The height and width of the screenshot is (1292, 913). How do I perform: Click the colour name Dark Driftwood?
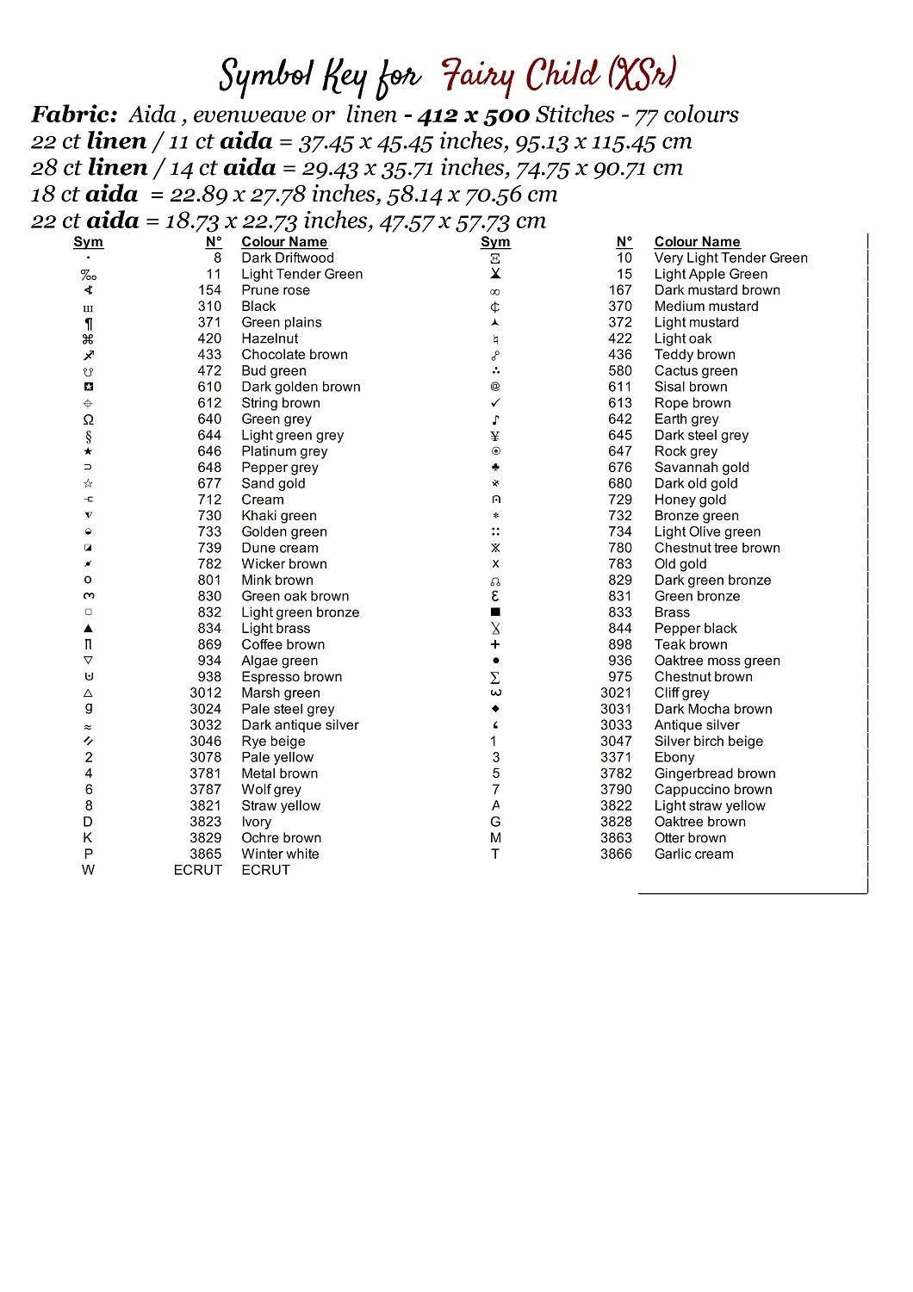tap(287, 258)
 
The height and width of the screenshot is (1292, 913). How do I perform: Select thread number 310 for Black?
tap(209, 306)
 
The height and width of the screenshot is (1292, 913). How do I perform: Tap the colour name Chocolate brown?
tap(295, 354)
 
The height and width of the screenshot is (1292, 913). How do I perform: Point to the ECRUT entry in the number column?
tap(197, 870)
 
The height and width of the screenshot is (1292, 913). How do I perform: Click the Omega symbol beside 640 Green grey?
tap(88, 419)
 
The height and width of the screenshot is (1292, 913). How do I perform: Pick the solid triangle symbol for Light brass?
tap(88, 629)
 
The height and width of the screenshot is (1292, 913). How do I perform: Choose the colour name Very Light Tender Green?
tap(730, 258)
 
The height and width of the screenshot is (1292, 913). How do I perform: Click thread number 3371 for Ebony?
tap(616, 757)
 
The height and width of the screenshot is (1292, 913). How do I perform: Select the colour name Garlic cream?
tap(693, 854)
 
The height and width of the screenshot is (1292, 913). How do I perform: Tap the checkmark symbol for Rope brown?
tap(495, 403)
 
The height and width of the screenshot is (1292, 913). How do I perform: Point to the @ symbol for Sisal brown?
tap(495, 387)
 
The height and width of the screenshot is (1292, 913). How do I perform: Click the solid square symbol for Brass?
tap(495, 612)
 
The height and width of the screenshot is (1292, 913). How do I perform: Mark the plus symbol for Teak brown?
tap(495, 644)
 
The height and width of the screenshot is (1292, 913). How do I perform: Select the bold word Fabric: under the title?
tap(74, 115)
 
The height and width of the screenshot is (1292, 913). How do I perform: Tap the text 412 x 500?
tap(473, 115)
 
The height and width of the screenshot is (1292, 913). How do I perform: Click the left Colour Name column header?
tap(284, 242)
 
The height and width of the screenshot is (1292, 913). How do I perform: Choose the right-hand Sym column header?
tap(495, 242)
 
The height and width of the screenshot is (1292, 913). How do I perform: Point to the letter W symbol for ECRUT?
tap(88, 870)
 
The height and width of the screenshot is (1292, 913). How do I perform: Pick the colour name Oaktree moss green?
tap(717, 661)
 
